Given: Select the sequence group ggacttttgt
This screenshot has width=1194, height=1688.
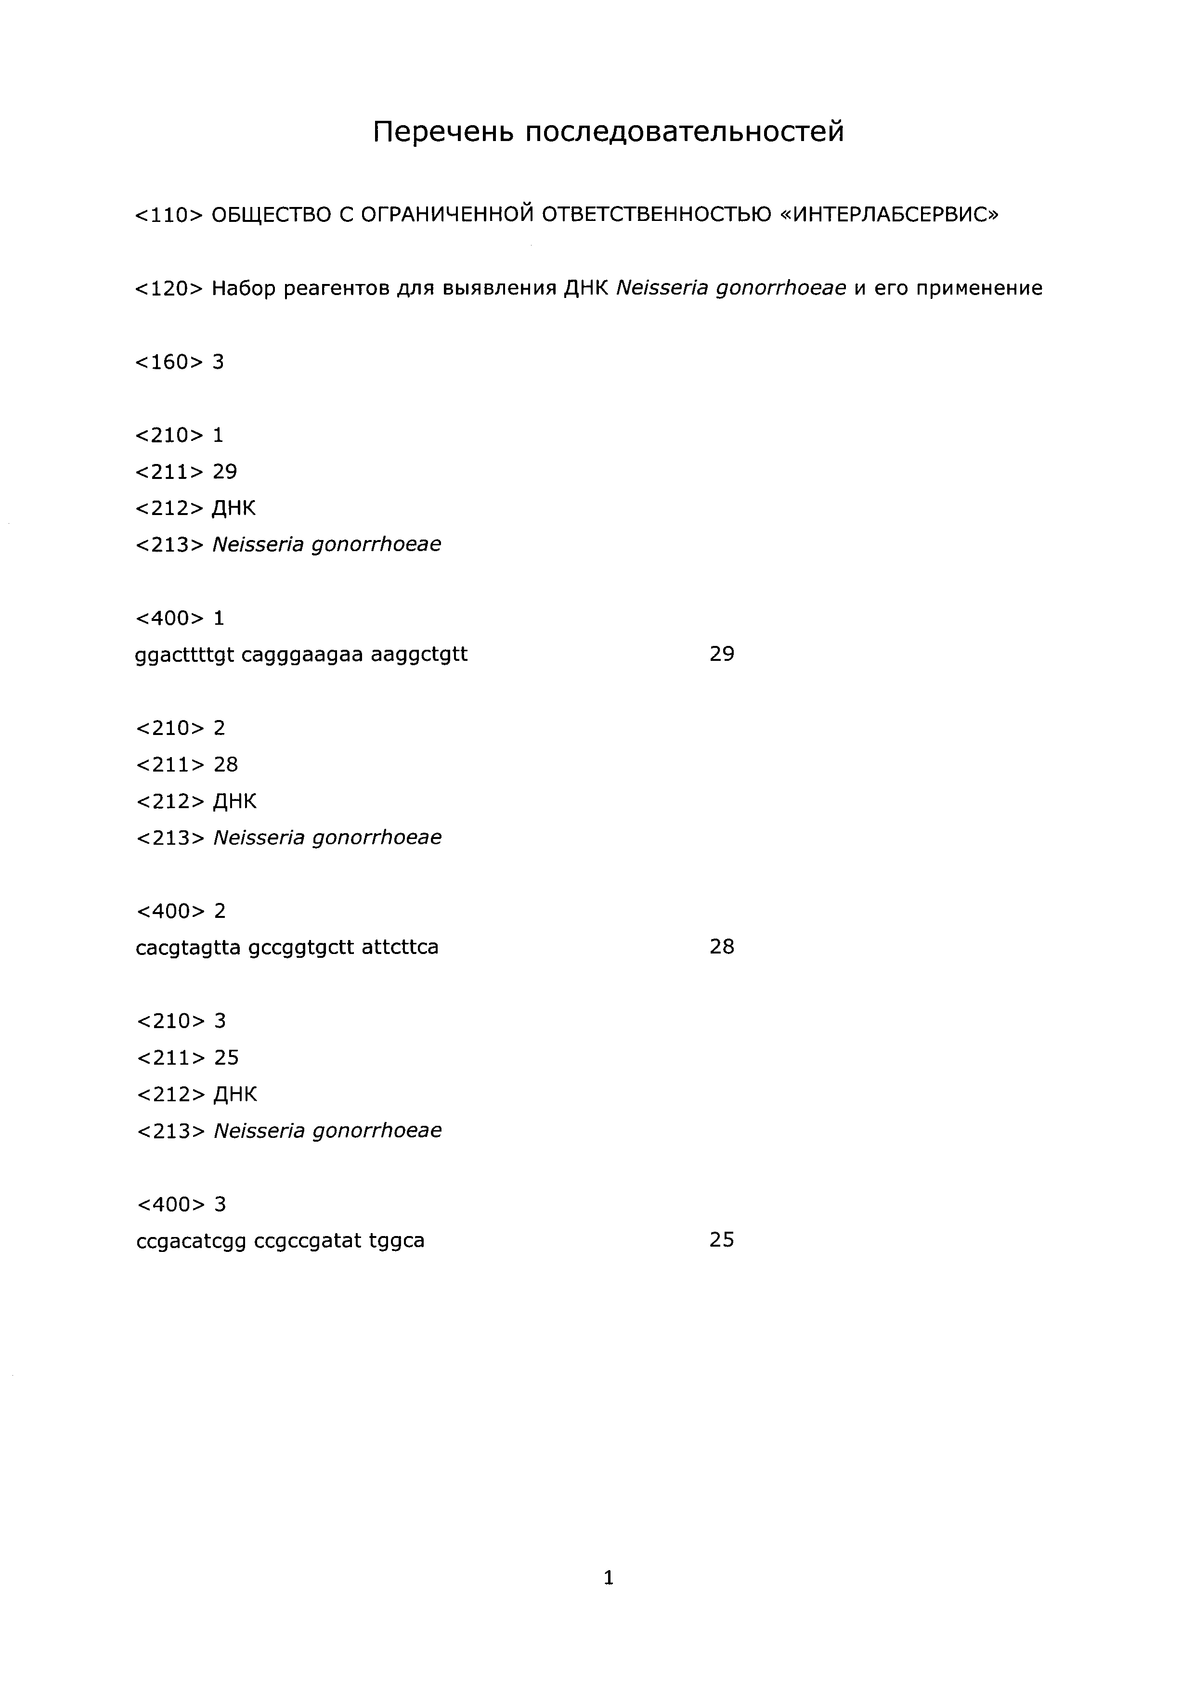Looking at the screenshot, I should pos(184,654).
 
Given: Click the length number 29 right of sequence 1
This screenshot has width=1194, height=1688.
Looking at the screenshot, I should pos(721,654).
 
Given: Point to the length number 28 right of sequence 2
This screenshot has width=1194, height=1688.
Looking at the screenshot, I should pos(721,946).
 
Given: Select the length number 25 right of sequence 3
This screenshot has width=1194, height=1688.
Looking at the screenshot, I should pos(721,1239).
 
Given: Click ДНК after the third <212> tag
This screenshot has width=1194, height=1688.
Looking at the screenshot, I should pos(235,1095).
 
